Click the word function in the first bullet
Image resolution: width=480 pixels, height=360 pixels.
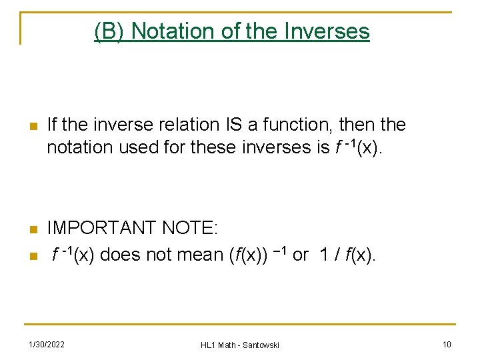tap(297, 125)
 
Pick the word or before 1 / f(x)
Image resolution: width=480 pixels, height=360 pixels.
tap(301, 254)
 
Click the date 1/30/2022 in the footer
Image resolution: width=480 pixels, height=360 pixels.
tap(46, 344)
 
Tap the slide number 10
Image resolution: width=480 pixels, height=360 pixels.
tap(447, 344)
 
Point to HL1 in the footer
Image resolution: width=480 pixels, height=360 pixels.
tap(208, 345)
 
